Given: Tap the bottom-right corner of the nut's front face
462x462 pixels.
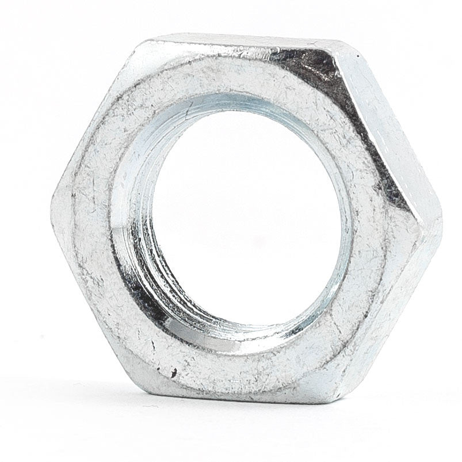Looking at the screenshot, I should (x=339, y=397).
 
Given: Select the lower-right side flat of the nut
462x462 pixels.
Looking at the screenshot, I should (x=397, y=317).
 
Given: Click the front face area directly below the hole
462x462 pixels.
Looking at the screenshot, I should (x=242, y=369).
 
